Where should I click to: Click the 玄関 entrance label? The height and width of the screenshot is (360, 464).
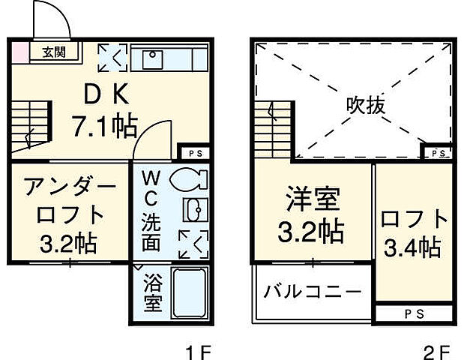tap(52, 52)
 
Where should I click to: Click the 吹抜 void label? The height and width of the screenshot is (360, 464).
tap(367, 106)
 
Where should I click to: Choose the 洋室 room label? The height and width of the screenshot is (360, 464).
tap(313, 200)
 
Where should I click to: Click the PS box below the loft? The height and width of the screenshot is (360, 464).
tap(414, 313)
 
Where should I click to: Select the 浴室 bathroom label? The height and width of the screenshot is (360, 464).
tap(152, 295)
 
